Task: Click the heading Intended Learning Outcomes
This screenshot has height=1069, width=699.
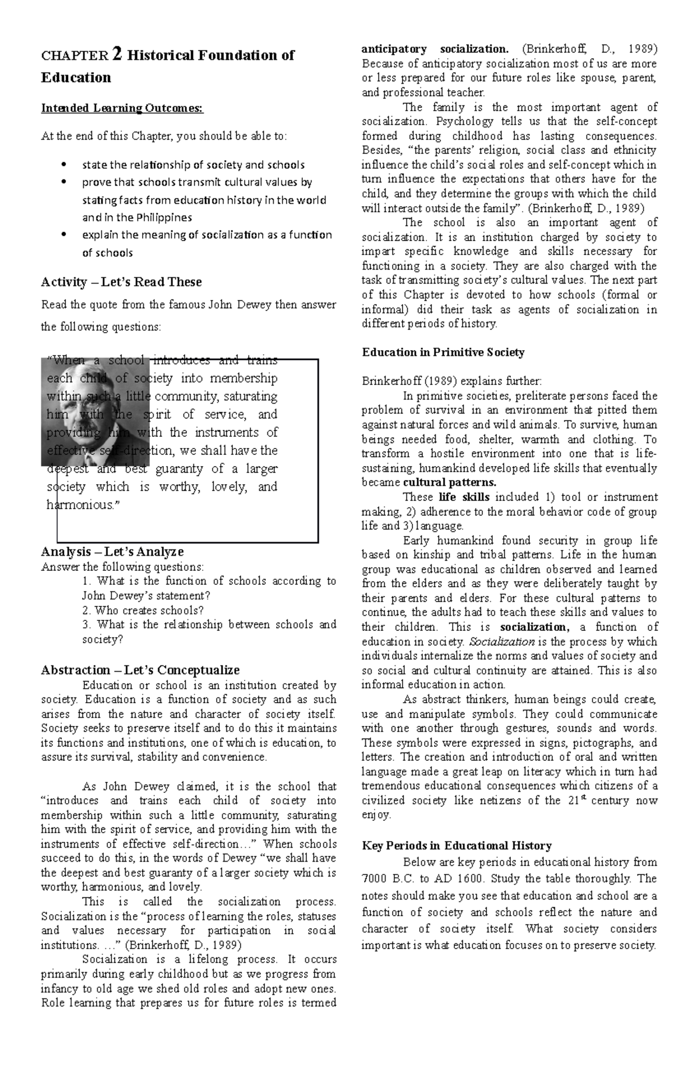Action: point(122,108)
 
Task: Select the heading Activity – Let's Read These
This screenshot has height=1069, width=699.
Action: point(121,282)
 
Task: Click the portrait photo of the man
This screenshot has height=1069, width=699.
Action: point(96,411)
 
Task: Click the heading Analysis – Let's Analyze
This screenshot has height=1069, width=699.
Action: point(112,551)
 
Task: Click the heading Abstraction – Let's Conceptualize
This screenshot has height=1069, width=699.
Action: point(140,670)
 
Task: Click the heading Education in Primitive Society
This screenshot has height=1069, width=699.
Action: point(443,352)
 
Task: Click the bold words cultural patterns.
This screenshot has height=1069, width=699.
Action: point(450,482)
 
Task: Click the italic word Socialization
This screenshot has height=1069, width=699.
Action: point(502,641)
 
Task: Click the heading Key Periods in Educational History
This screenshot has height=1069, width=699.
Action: point(456,845)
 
